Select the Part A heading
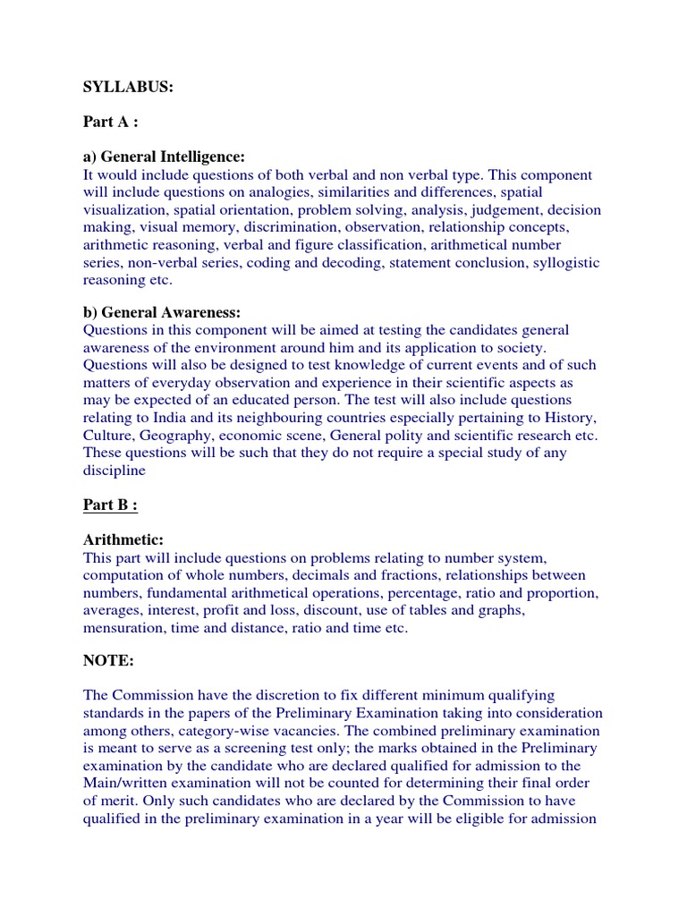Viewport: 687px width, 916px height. point(111,123)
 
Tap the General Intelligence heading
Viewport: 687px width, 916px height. point(165,157)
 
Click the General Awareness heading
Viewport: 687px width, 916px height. point(162,312)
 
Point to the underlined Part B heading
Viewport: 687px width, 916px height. point(111,505)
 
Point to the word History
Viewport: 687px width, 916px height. point(570,418)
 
